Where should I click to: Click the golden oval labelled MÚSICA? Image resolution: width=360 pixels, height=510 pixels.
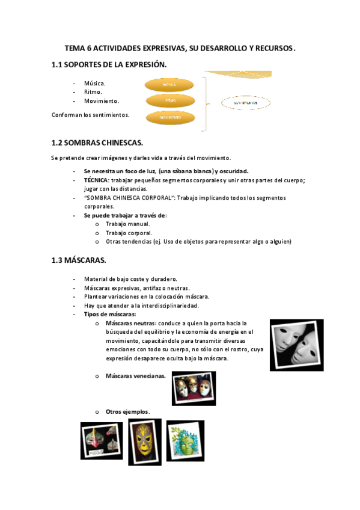169,85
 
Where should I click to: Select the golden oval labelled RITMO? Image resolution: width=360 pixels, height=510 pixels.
169,101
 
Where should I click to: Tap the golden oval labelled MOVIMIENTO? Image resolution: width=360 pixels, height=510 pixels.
169,118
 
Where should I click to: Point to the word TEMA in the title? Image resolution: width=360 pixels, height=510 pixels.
76,48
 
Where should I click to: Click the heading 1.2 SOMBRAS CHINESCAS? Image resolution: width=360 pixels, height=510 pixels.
97,143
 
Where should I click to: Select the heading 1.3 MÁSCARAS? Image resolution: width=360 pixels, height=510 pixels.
79,260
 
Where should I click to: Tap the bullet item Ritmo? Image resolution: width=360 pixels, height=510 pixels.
93,92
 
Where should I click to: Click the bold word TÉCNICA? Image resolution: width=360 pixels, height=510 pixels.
96,180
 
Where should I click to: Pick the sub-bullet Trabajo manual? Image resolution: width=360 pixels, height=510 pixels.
123,224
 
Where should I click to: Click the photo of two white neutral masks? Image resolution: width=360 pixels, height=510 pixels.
296,345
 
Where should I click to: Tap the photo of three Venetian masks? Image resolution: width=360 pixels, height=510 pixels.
194,388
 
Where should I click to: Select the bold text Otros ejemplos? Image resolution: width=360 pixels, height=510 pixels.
127,411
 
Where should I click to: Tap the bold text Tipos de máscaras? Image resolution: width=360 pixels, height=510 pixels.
109,314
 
